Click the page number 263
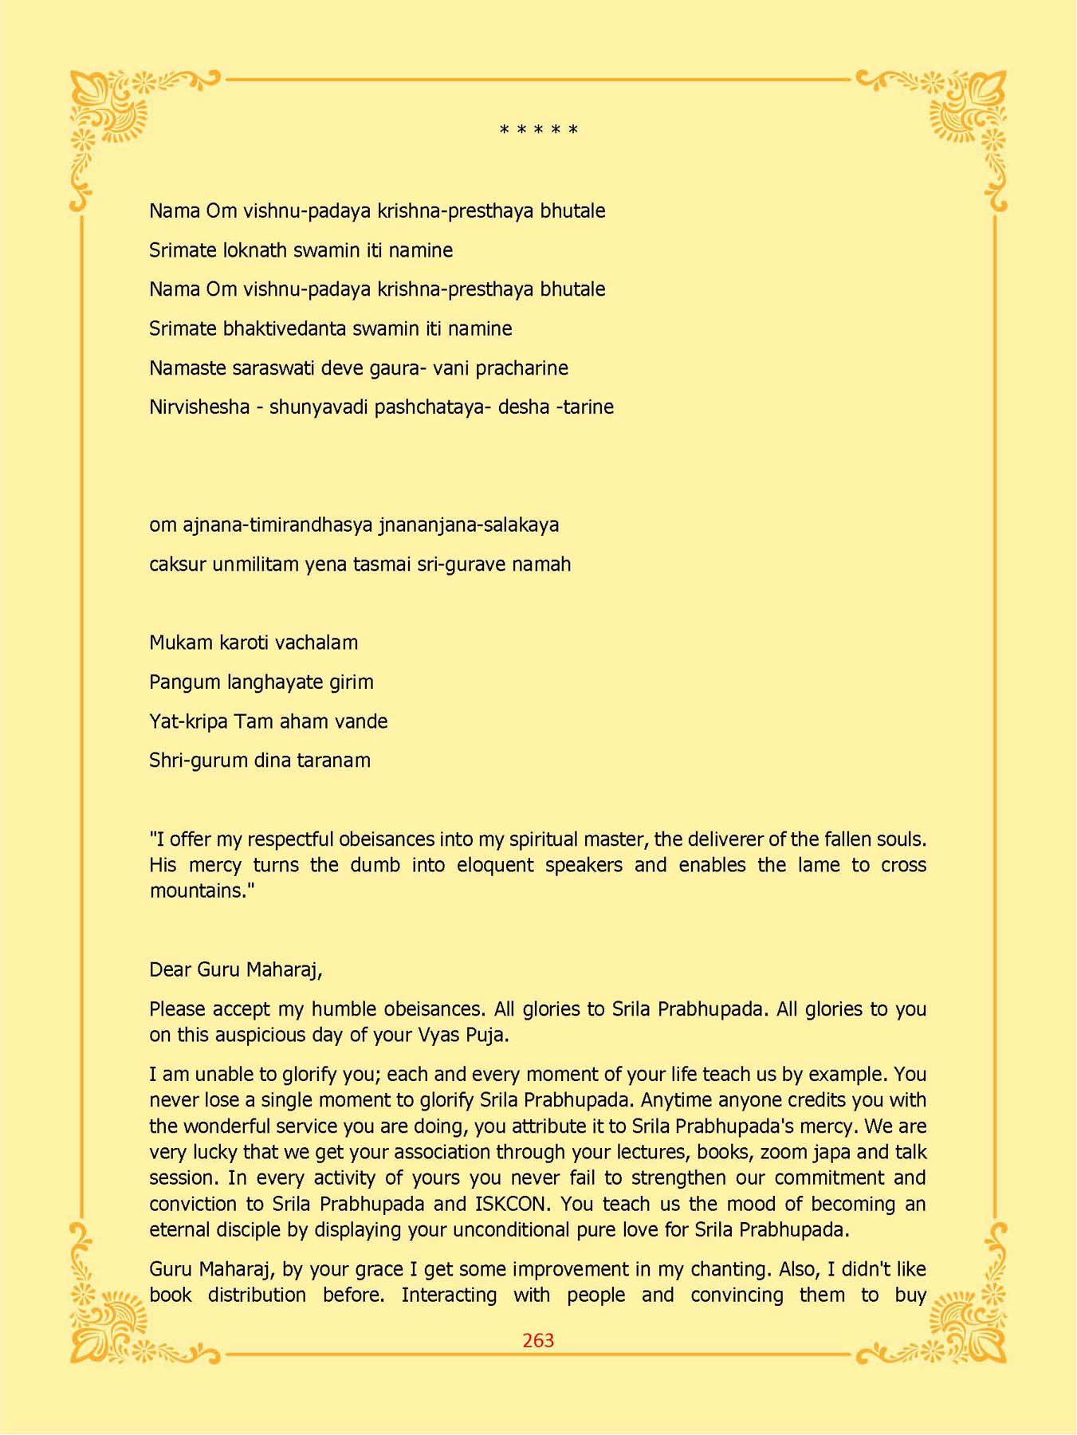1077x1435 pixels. pos(538,1341)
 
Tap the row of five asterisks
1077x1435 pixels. pos(539,130)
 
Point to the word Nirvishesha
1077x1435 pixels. pos(199,407)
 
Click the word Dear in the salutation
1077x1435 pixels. pos(170,970)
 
